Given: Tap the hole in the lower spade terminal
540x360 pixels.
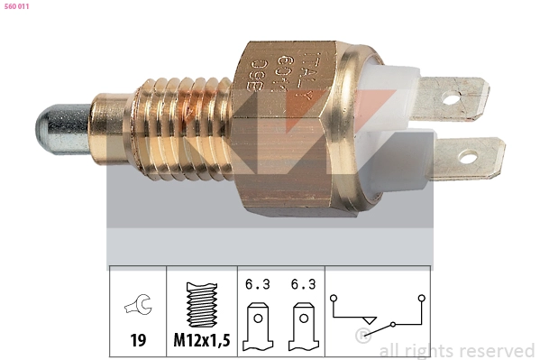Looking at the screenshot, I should coord(467,158).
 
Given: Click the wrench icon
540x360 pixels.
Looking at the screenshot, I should coord(138,307).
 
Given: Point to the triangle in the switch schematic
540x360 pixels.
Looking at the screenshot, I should coord(367,318).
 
